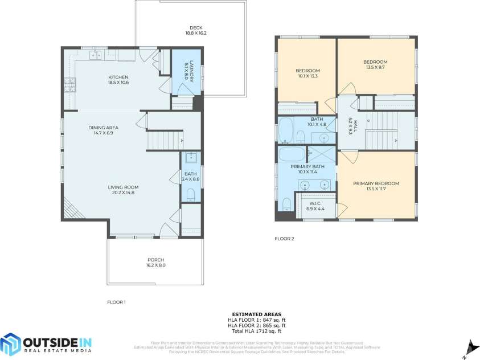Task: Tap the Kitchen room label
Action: (118, 77)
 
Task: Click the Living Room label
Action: (124, 187)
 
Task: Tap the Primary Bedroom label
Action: (376, 183)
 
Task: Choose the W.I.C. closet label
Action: (316, 203)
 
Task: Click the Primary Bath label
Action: (307, 167)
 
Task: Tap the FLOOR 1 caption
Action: (116, 302)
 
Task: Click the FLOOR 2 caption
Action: (284, 239)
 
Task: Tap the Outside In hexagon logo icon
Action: (10, 344)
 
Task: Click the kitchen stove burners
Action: (69, 85)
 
